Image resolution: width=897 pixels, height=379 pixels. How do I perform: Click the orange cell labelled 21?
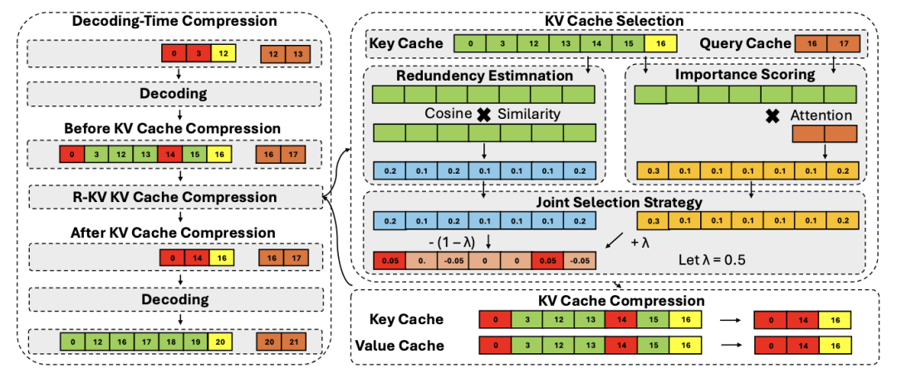[x=294, y=342]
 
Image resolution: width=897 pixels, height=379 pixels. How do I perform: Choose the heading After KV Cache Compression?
[x=175, y=233]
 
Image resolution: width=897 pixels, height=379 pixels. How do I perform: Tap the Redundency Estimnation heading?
[x=483, y=76]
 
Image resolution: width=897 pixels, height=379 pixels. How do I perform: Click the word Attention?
[x=821, y=116]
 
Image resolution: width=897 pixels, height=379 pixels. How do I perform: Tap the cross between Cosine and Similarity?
[x=484, y=115]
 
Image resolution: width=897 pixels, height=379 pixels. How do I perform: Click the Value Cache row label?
[x=399, y=345]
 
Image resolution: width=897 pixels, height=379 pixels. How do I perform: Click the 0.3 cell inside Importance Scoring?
[x=653, y=170]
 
